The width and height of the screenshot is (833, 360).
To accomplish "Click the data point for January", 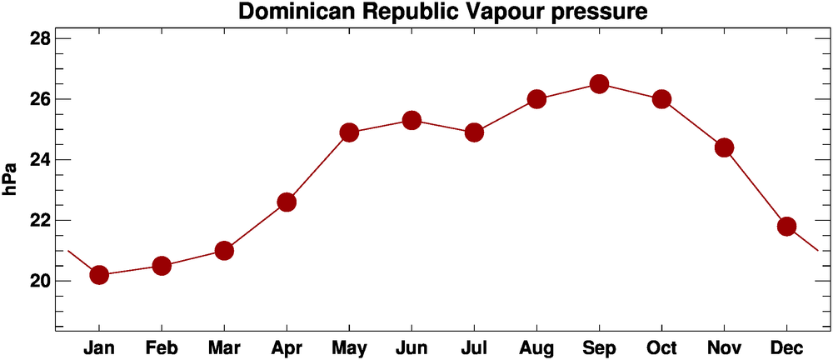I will [99, 275].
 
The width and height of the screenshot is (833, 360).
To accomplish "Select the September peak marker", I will [599, 84].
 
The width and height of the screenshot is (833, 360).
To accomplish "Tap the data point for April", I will [287, 202].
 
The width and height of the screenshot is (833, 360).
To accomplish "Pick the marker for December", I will [786, 227].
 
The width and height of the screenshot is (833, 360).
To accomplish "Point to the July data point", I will [474, 132].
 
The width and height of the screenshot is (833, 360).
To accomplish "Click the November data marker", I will [724, 147].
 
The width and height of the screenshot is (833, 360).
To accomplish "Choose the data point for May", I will [349, 132].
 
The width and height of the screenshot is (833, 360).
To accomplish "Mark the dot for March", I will [224, 251].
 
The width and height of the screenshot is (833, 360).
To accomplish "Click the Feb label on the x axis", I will [162, 347].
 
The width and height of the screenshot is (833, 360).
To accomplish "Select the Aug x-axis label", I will [536, 347].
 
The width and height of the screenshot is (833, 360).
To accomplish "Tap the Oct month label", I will [661, 347].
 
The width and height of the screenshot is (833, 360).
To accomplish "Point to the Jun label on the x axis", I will [412, 347].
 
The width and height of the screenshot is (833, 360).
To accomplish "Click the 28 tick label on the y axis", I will [39, 39].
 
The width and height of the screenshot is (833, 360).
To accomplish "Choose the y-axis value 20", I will [39, 281].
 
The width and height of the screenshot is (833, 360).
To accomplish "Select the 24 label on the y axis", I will [39, 160].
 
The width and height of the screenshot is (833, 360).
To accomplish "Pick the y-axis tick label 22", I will [39, 221].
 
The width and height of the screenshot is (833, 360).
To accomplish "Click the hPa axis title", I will [11, 178].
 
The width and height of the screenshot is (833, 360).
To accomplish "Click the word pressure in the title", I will [596, 13].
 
